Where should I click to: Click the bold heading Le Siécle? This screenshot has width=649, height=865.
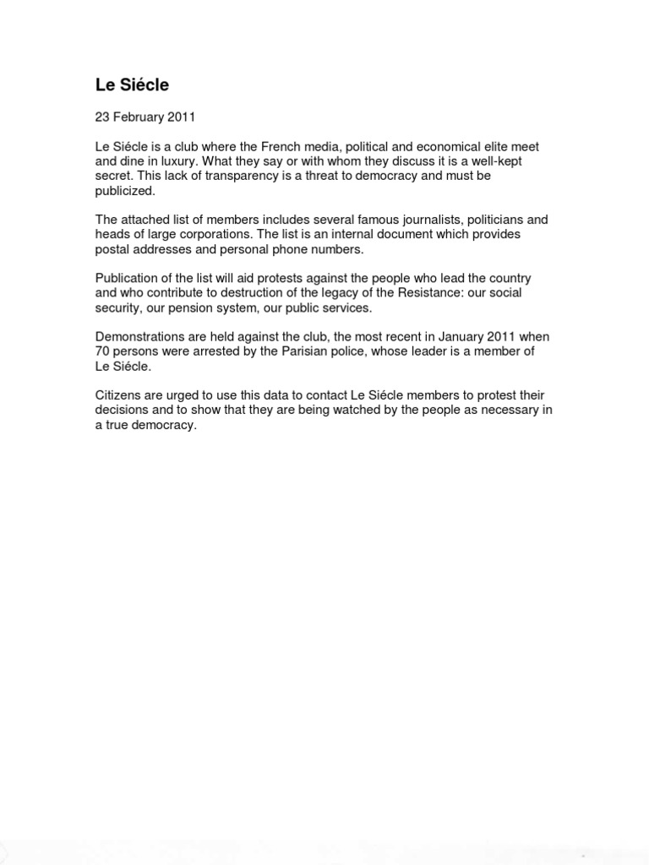tap(133, 84)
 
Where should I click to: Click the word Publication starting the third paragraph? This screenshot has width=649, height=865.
tap(126, 278)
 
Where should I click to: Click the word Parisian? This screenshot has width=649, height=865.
tap(288, 351)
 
